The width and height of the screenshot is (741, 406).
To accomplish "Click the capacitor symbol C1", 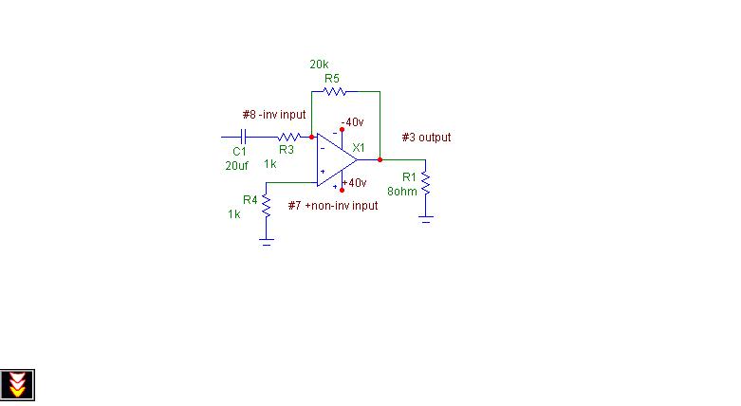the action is [x=244, y=137].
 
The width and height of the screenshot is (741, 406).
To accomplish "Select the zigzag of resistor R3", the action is [x=289, y=137].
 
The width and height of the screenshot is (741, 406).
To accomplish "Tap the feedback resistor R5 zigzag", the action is [x=335, y=91].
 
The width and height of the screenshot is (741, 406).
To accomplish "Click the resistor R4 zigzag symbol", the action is [x=266, y=206].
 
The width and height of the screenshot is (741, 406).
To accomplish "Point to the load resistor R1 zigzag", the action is [x=425, y=183].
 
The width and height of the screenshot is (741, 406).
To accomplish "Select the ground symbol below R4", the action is [x=266, y=242].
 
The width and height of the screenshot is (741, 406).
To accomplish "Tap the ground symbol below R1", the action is [x=425, y=219].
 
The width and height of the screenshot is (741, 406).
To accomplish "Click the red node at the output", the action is [x=380, y=159].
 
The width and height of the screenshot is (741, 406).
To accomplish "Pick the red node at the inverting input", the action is [x=311, y=137].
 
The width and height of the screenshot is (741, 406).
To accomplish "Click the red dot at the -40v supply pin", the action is [x=342, y=130].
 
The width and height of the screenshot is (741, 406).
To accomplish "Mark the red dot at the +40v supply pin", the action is [x=342, y=190].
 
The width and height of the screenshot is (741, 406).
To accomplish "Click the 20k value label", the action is [x=319, y=65].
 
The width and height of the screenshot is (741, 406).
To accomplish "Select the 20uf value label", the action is [x=237, y=166].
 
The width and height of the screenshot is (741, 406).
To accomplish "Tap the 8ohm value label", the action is [x=402, y=192].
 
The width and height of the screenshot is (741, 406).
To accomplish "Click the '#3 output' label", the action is [x=426, y=138].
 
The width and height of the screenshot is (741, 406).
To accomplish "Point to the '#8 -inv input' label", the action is [x=274, y=115].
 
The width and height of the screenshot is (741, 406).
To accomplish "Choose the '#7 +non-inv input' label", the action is [x=333, y=206].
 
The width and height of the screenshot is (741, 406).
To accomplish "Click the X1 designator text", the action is [x=359, y=148].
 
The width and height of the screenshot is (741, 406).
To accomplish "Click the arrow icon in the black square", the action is [x=17, y=385].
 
